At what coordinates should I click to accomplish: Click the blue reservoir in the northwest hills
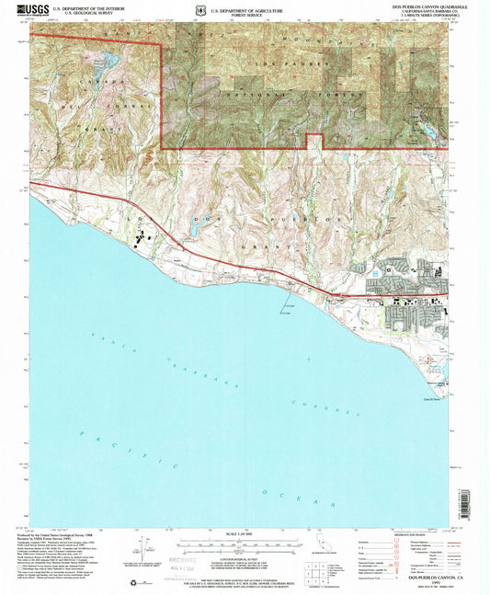[103, 63]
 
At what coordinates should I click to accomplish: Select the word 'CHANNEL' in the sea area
[311, 406]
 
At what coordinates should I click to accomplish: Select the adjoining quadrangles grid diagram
[342, 550]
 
